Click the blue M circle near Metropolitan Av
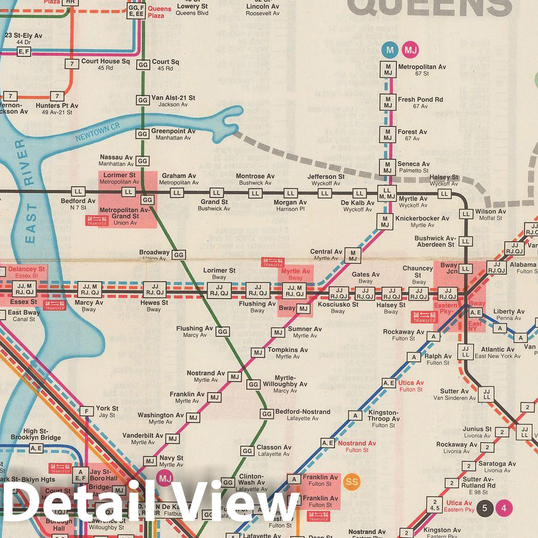[390, 50]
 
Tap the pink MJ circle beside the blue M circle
[410, 50]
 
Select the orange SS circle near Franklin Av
[351, 482]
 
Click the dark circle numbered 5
[484, 508]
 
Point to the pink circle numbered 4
[504, 508]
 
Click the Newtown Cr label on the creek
[92, 134]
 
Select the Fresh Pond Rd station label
[420, 100]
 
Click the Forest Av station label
[412, 132]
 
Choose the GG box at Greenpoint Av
[142, 134]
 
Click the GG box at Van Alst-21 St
[143, 100]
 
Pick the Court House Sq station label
[105, 61]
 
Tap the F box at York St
[87, 411]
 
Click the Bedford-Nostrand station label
[302, 412]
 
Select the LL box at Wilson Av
[465, 214]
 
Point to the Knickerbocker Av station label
[422, 218]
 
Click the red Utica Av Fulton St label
[411, 383]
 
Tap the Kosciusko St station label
[338, 305]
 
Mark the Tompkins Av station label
[288, 350]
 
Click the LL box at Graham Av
[177, 193]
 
